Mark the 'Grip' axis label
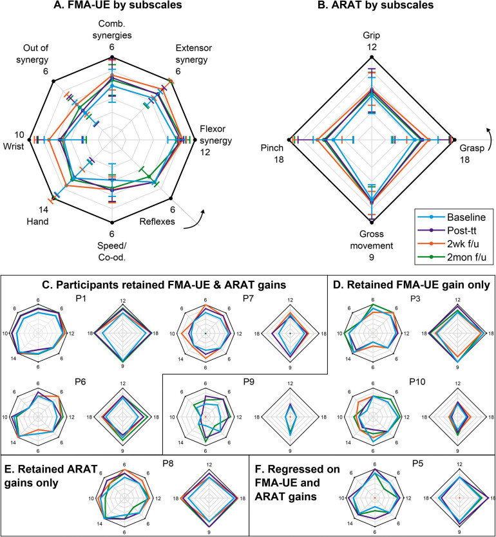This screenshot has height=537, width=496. click(370, 30)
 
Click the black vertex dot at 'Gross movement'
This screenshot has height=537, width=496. click(371, 222)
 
